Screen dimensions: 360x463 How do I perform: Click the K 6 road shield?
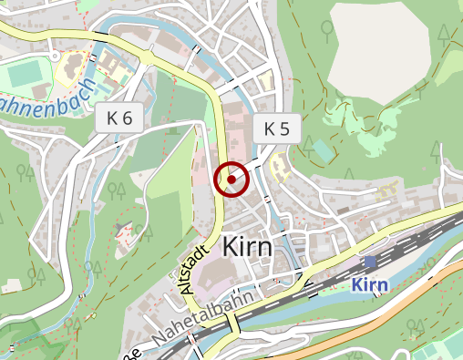(118, 118)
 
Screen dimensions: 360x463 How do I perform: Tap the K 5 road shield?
(276, 129)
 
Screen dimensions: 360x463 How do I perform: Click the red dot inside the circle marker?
(232, 180)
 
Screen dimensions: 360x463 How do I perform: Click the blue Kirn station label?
(370, 285)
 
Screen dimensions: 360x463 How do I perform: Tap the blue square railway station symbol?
(370, 262)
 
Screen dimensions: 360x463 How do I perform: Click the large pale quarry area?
(379, 49)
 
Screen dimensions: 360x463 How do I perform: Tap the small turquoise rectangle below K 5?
(324, 149)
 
